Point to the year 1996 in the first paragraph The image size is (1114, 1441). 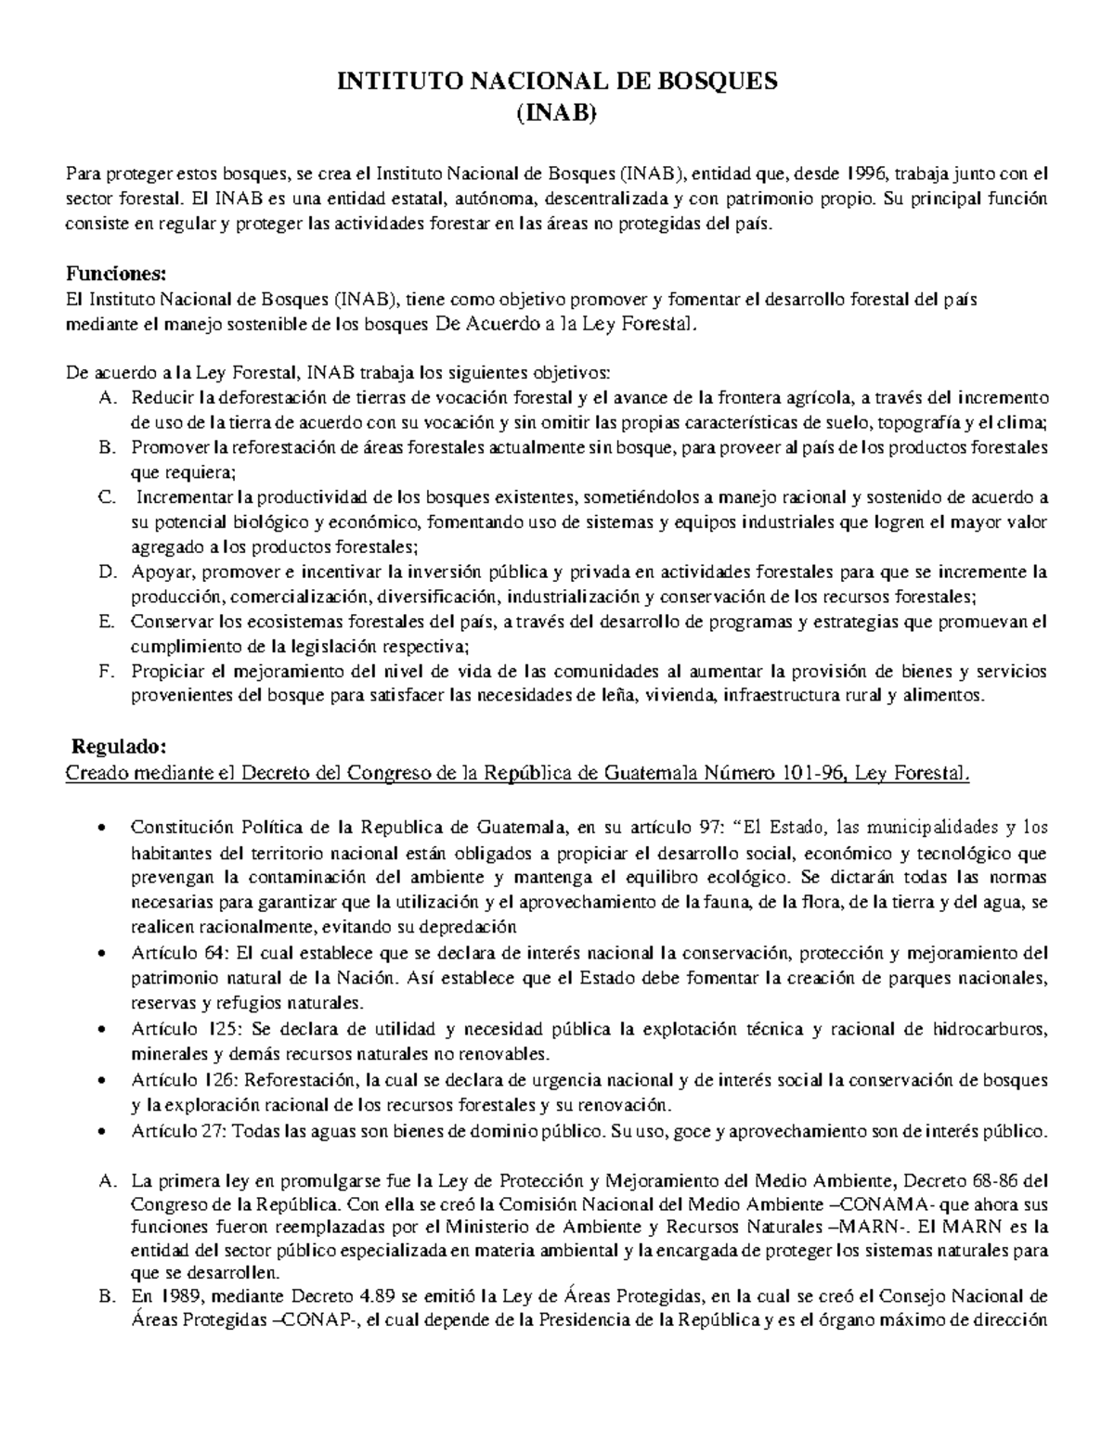tap(870, 173)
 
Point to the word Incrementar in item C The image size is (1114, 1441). tap(185, 497)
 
